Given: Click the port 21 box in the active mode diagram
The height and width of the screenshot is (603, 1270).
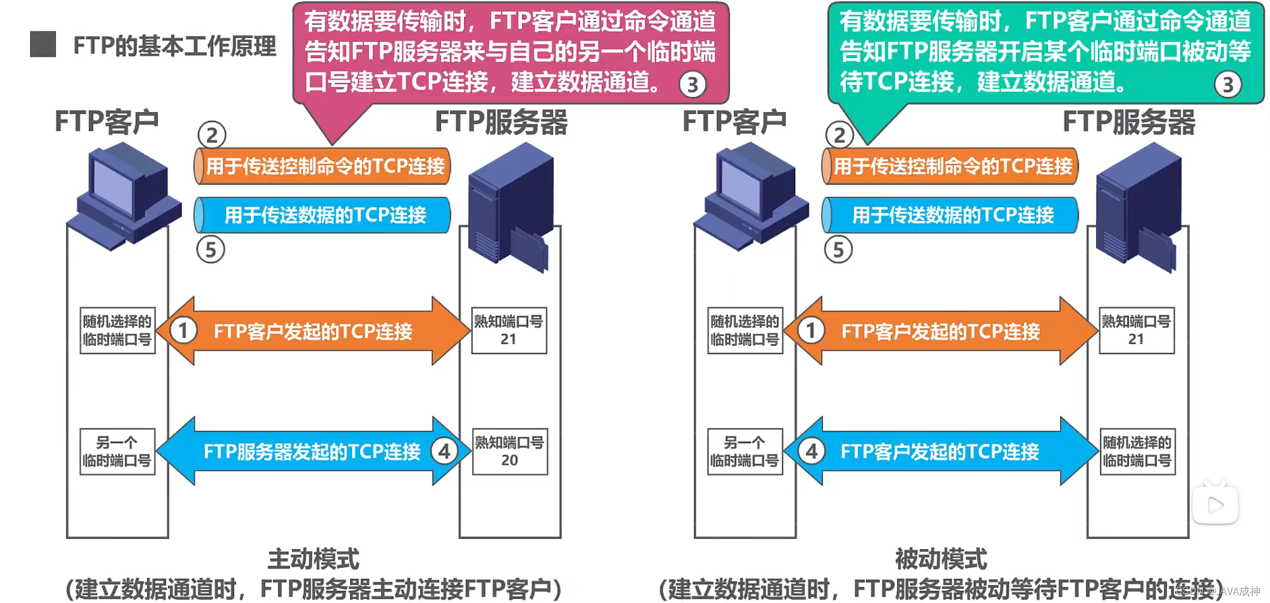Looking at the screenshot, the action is click(509, 331).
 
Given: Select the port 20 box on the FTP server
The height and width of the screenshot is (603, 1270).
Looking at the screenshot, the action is click(509, 452).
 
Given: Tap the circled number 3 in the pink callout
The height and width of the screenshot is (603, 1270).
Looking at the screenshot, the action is click(692, 85).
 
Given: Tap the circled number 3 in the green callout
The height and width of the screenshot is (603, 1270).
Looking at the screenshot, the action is click(1228, 85).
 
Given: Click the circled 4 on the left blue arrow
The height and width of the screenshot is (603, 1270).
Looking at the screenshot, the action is click(444, 451).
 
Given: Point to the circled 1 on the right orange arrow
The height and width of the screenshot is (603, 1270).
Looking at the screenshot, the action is click(811, 331).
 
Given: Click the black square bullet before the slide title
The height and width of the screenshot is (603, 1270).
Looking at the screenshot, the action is click(43, 45).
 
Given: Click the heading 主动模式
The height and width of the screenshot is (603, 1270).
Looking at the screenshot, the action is click(314, 559).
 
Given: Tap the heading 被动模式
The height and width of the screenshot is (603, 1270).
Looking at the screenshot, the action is click(941, 559).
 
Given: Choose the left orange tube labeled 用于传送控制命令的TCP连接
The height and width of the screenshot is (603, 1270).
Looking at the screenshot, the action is click(322, 166).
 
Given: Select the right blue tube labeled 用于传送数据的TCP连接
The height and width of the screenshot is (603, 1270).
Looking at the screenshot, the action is click(950, 215).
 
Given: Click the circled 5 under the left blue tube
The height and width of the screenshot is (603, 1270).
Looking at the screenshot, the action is click(210, 250).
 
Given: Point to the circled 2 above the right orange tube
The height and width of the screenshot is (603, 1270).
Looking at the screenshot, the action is click(839, 135).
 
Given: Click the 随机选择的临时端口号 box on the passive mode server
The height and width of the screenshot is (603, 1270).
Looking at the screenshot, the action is click(1137, 452).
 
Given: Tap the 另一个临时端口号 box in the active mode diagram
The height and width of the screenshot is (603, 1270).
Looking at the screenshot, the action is click(117, 452).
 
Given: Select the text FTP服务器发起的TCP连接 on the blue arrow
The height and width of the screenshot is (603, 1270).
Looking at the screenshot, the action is click(312, 451).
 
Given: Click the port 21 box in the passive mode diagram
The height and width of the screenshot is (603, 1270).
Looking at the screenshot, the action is click(1136, 331).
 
